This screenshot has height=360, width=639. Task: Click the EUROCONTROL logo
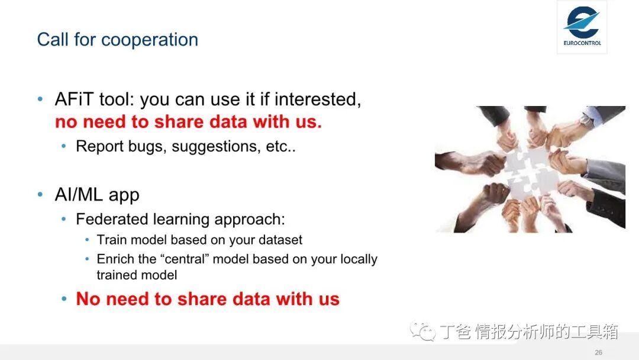click(582, 27)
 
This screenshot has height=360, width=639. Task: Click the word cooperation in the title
click(150, 40)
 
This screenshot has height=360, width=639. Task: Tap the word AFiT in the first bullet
click(74, 99)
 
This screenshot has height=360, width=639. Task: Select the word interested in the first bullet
click(318, 99)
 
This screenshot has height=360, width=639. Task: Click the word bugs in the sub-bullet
click(145, 147)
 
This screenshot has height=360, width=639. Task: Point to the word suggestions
click(216, 147)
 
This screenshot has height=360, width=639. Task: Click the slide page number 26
click(598, 352)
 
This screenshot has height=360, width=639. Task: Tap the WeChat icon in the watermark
click(422, 331)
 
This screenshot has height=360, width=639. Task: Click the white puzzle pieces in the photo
click(530, 173)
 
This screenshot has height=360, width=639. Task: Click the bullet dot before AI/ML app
click(40, 194)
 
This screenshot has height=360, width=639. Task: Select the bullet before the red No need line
click(64, 299)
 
